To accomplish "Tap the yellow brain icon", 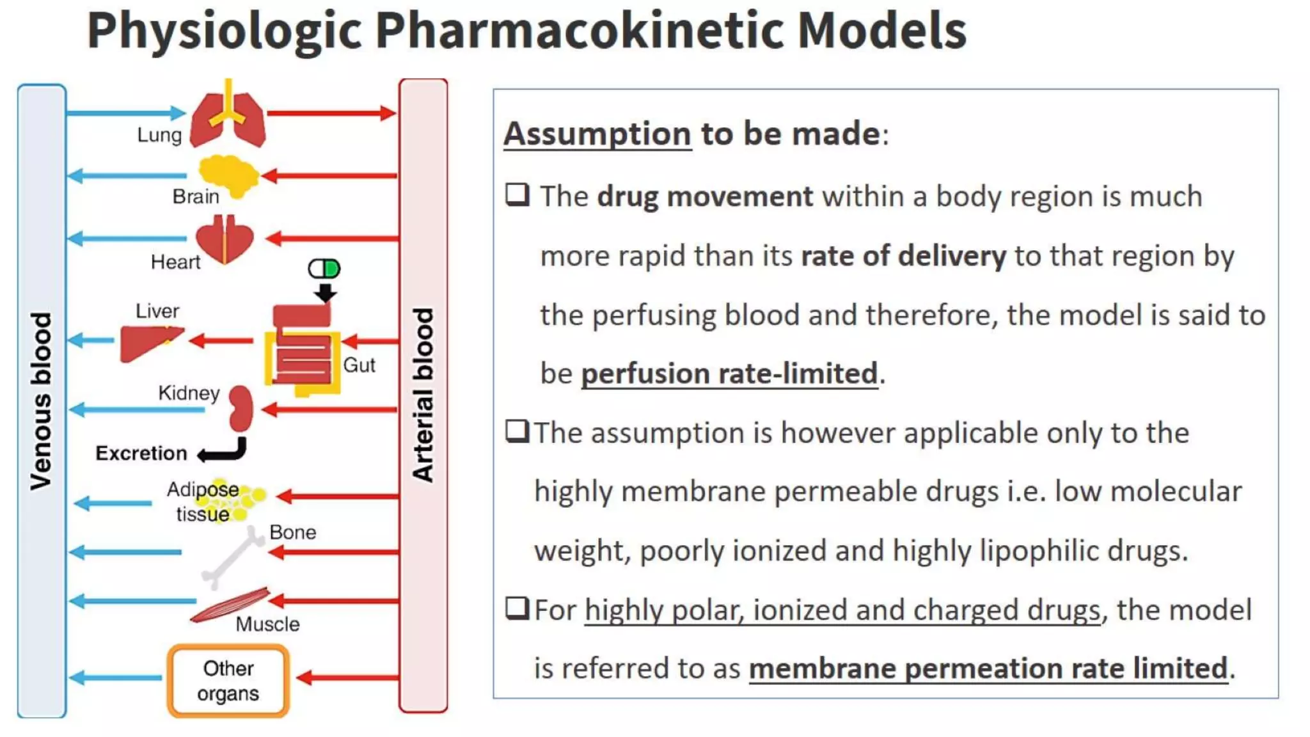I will point(228,175).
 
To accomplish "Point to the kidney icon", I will point(241,408).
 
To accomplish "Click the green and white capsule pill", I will point(324,269).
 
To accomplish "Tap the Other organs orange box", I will point(228,681).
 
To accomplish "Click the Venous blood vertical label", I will point(41,401).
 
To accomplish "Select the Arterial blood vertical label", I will point(423,395).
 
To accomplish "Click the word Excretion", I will point(141,453).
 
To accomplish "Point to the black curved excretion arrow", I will point(224,452).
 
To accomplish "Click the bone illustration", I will point(232,557).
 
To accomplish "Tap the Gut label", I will point(359,365).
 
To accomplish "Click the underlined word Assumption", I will point(597,134).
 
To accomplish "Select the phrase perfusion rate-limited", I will point(729,374).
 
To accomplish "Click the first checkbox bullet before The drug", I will point(517,194).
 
